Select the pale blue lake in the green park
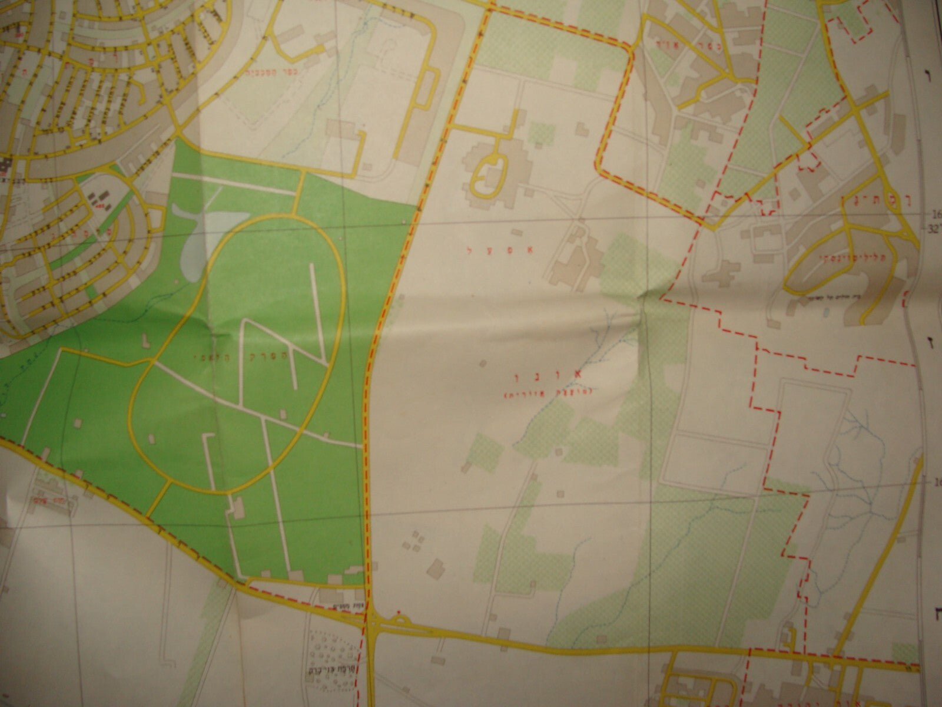tap(194, 242)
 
